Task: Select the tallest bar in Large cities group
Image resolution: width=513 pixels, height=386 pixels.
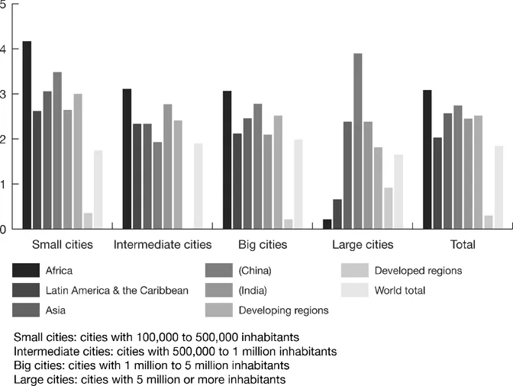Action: pos(358,141)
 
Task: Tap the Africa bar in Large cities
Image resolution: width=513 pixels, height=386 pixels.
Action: pos(327,224)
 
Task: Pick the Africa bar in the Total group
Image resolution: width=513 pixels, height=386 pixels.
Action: pos(427,159)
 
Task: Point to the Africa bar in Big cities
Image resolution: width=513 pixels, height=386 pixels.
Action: pos(227,159)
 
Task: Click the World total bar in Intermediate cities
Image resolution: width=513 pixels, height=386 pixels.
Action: pos(198,186)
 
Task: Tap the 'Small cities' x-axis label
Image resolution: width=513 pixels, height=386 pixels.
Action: pos(62,245)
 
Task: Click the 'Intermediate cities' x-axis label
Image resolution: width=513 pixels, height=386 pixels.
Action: pos(162,245)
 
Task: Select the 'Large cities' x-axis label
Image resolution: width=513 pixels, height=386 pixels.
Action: pos(363,245)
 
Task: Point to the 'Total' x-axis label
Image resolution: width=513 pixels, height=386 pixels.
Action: pos(463,245)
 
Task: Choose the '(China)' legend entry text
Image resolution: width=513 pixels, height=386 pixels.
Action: pos(255,270)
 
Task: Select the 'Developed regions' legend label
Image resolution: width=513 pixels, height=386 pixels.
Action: pos(418,270)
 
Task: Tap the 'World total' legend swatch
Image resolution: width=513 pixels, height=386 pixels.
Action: pos(355,290)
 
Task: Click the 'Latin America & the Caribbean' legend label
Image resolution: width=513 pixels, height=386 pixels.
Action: pos(117,290)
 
